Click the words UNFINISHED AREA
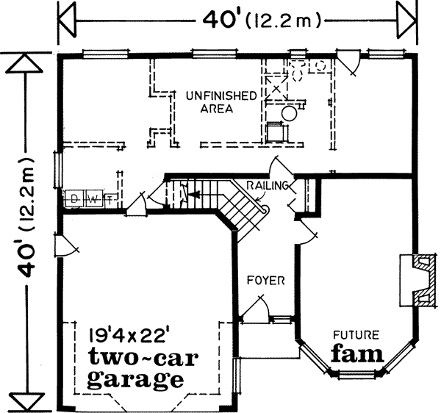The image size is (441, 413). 220,102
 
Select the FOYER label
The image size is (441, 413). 265,281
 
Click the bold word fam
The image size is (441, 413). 356,353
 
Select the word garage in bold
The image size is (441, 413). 135,380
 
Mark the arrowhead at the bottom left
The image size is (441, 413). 26,403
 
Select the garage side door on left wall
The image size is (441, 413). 65,244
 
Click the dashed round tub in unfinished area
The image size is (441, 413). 290,115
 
